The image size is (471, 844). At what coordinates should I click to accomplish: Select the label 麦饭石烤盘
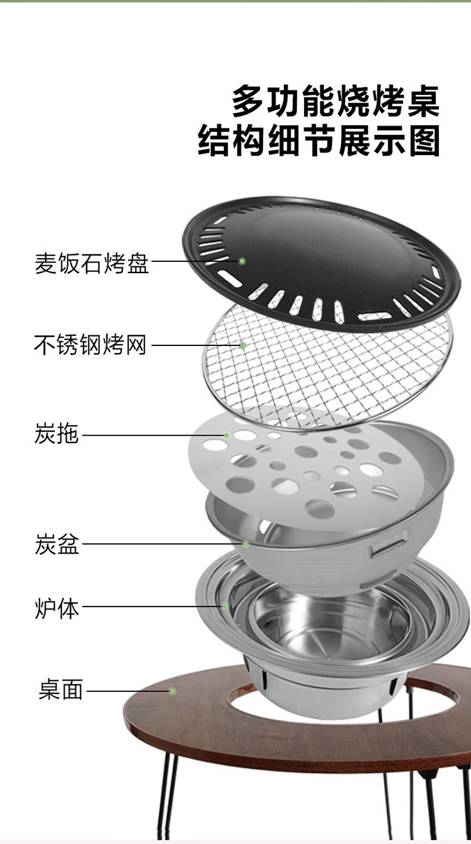pyautogui.click(x=92, y=262)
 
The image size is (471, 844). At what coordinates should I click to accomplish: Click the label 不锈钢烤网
pyautogui.click(x=90, y=345)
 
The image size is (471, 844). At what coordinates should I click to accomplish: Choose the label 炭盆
pyautogui.click(x=57, y=544)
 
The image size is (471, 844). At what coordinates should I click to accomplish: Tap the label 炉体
pyautogui.click(x=57, y=607)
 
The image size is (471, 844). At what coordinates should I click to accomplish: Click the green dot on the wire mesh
pyautogui.click(x=242, y=345)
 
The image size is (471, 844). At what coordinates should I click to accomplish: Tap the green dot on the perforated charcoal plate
pyautogui.click(x=227, y=435)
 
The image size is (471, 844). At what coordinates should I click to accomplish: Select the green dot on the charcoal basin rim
pyautogui.click(x=246, y=544)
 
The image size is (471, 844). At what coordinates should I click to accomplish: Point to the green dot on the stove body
pyautogui.click(x=225, y=607)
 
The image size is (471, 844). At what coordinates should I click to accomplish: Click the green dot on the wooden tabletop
pyautogui.click(x=172, y=691)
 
